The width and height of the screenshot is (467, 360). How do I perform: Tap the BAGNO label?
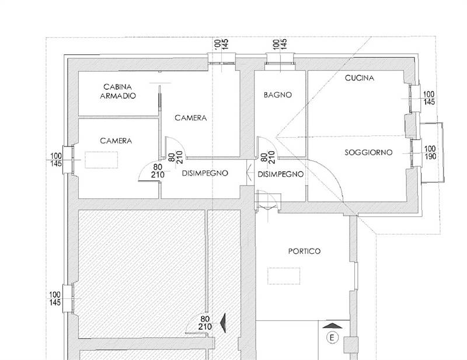click(277, 95)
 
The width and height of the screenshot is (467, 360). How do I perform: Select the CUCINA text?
click(359, 78)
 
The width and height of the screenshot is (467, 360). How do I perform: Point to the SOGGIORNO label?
click(368, 152)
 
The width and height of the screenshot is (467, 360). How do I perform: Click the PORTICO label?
click(304, 251)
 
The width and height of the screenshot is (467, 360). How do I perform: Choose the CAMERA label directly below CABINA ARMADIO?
click(116, 141)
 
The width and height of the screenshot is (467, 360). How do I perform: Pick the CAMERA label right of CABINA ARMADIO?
click(191, 118)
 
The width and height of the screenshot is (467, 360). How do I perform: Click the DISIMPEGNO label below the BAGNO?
click(280, 174)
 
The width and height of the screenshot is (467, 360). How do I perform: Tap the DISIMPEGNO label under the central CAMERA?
click(204, 173)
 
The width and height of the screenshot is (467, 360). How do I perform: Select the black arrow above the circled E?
click(332, 326)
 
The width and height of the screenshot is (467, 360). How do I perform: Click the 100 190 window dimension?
click(430, 153)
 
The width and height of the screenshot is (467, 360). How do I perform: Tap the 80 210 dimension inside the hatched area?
click(204, 323)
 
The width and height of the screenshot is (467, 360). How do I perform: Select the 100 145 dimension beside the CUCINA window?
click(429, 98)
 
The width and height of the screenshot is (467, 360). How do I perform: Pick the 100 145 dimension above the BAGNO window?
click(280, 44)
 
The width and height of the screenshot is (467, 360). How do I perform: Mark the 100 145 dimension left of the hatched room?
click(55, 298)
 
